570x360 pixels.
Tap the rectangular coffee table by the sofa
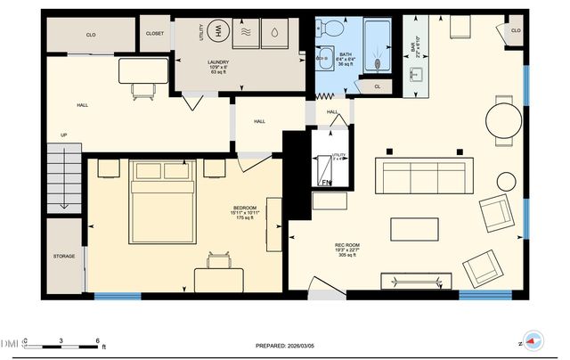(x=415, y=229)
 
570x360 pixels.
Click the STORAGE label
(x=63, y=256)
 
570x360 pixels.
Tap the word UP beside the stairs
(x=63, y=135)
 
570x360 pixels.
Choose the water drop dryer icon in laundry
(x=275, y=31)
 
